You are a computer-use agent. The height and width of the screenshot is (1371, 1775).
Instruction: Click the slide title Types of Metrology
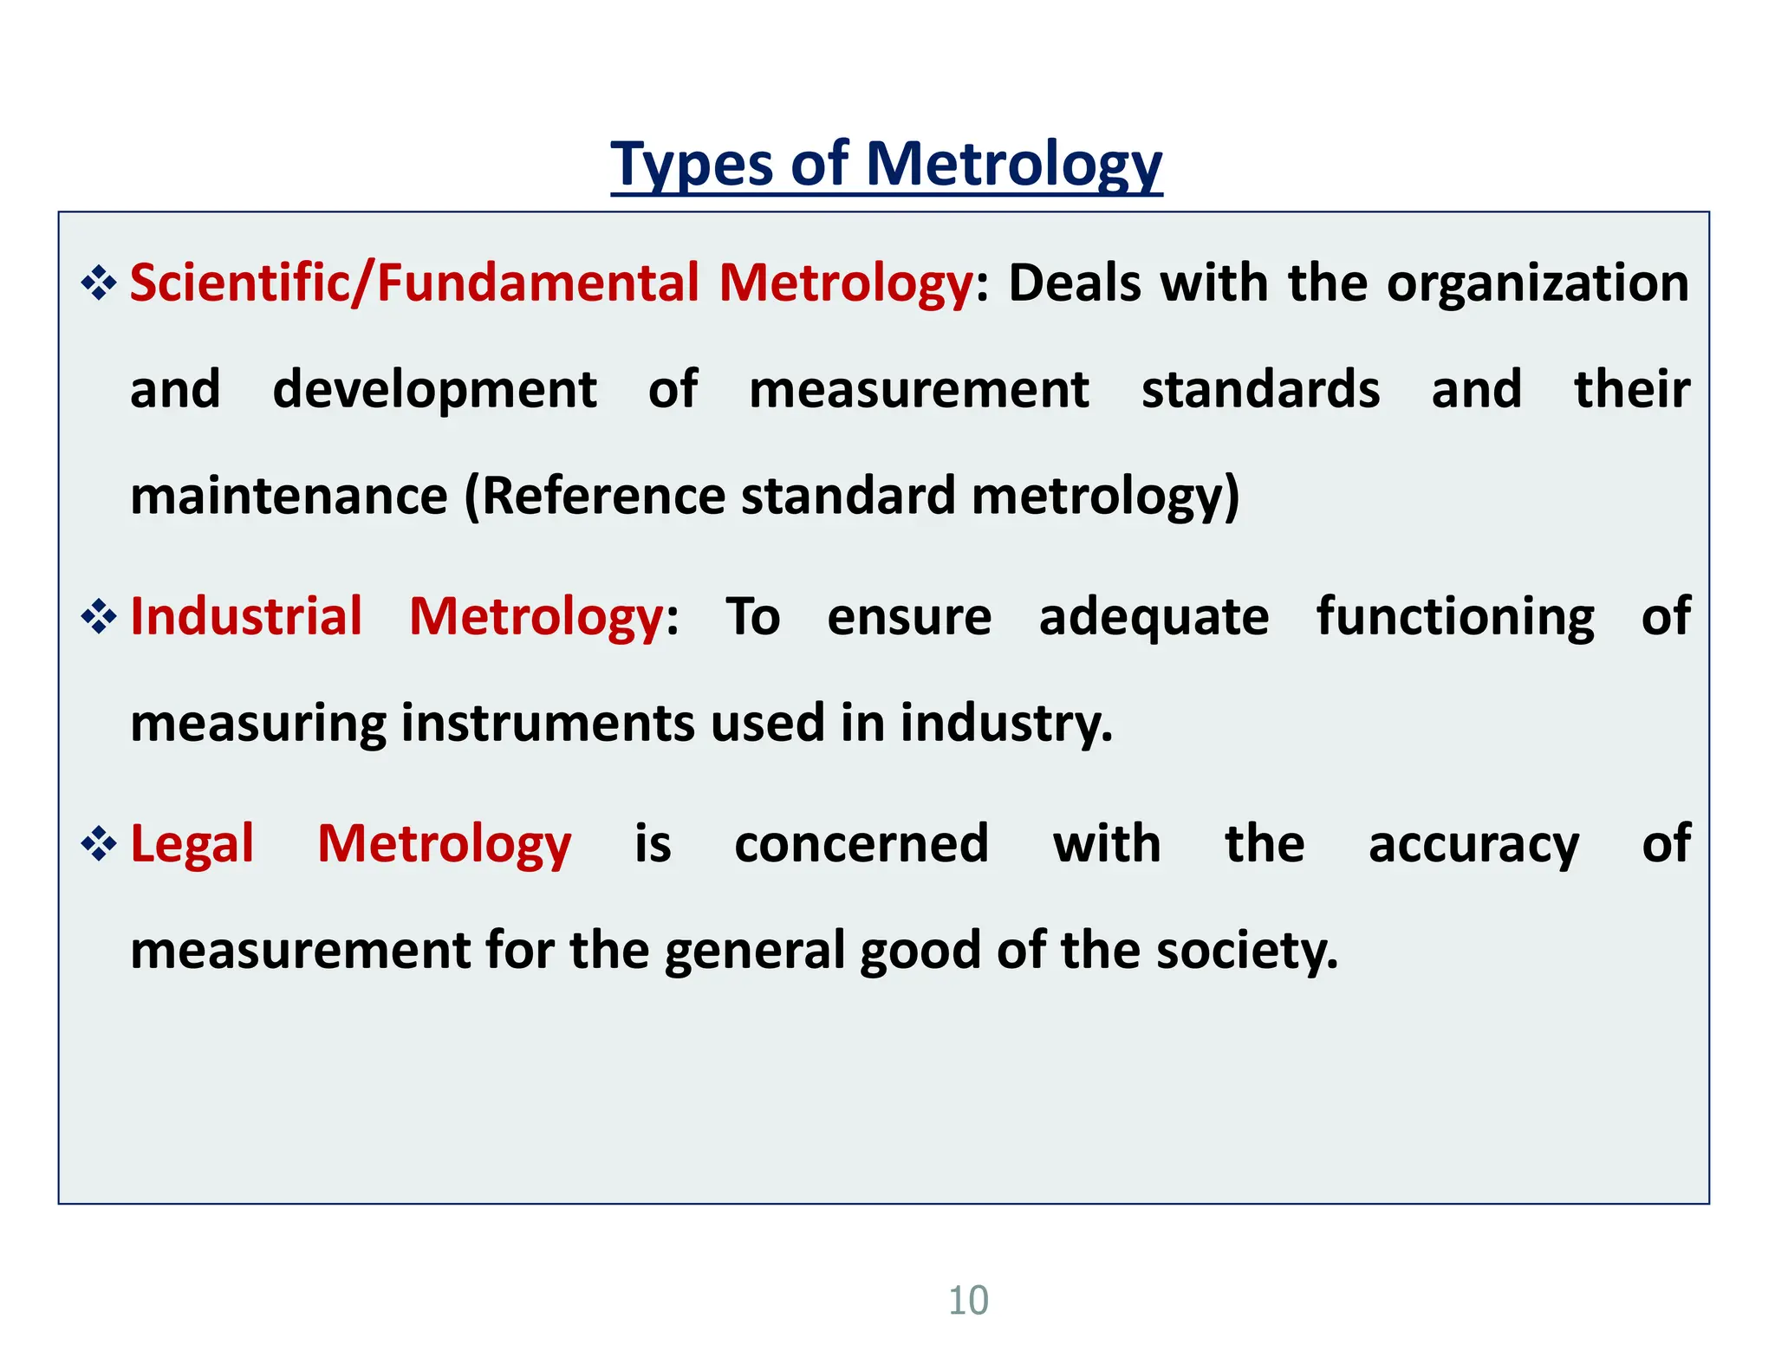(886, 164)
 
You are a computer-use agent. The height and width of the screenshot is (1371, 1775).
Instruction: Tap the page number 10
(968, 1301)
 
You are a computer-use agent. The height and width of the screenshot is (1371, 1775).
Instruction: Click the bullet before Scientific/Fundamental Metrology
(99, 284)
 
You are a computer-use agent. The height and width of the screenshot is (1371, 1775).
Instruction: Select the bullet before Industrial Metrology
(99, 617)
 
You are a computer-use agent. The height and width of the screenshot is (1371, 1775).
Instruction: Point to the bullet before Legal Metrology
(99, 844)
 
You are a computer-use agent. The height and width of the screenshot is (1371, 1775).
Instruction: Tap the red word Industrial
(246, 617)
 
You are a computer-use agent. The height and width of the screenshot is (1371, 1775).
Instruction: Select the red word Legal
(192, 844)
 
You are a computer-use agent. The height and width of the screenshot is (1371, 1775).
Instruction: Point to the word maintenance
(289, 496)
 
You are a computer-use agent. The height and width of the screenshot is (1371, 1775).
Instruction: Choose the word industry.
(1005, 724)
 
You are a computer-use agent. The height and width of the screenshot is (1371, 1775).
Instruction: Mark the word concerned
(861, 844)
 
